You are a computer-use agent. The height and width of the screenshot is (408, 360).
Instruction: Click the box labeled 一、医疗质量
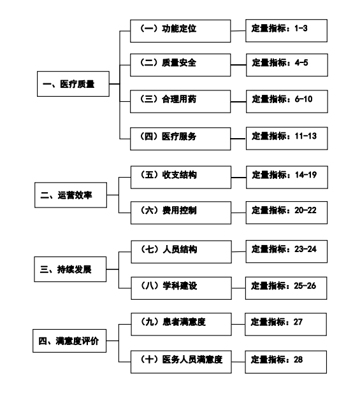(x=73, y=84)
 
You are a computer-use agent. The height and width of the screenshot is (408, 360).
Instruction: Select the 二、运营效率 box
(x=71, y=195)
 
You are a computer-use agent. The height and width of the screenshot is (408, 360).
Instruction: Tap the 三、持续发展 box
(x=70, y=269)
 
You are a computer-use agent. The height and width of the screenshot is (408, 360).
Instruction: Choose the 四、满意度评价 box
(x=69, y=341)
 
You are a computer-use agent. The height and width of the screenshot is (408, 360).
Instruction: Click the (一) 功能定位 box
(x=180, y=31)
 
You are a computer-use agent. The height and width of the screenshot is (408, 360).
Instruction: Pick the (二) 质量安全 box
(x=180, y=65)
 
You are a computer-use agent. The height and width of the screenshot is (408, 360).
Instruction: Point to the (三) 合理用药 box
(x=180, y=101)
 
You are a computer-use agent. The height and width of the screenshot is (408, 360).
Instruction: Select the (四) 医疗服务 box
(x=180, y=139)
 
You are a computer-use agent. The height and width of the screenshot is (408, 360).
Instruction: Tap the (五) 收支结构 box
(x=181, y=177)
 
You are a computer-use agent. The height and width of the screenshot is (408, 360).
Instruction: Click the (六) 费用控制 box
(x=181, y=213)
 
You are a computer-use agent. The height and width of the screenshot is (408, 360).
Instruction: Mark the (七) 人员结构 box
(x=182, y=252)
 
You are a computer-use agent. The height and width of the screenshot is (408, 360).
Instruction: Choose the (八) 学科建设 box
(x=182, y=288)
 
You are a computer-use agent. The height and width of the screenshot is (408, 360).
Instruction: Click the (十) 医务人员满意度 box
(x=181, y=362)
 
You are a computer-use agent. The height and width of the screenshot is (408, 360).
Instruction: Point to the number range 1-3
(x=301, y=29)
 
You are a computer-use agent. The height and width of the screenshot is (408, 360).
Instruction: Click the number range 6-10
(x=303, y=99)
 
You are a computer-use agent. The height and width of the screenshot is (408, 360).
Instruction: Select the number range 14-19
(x=306, y=175)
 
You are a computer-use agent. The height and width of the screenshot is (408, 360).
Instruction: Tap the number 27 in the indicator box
(x=298, y=322)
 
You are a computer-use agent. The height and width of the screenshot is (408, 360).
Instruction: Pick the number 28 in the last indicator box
(x=298, y=360)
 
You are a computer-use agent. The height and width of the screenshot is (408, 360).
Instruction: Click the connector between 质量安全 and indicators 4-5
(x=238, y=65)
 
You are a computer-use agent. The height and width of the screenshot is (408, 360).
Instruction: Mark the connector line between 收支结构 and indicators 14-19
(x=238, y=178)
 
